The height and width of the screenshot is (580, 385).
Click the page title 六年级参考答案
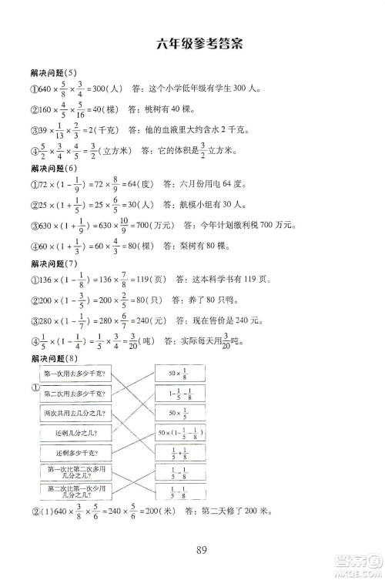tap(199, 44)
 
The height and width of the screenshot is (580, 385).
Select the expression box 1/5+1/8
tap(182, 453)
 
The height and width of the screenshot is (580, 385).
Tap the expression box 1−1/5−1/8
tap(182, 394)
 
